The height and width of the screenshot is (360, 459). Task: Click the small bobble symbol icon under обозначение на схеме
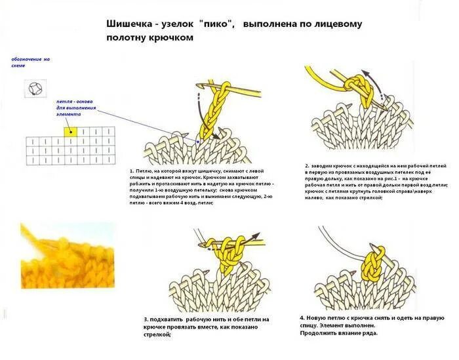[x=30, y=87]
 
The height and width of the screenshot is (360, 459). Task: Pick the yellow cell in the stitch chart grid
[x=70, y=132]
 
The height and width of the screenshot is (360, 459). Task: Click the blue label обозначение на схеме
[x=30, y=63]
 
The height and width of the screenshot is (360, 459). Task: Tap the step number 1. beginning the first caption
[x=132, y=172]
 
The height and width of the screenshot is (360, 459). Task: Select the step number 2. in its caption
[x=307, y=166]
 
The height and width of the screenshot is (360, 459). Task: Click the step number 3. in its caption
[x=146, y=319]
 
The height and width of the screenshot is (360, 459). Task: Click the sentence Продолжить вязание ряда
[x=338, y=333]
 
